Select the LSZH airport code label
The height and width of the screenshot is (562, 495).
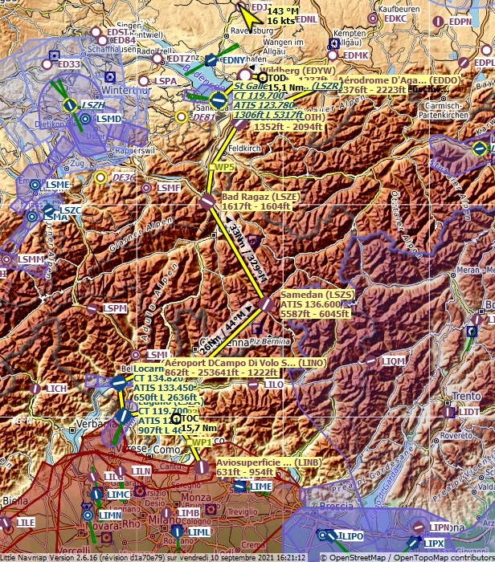point(93,104)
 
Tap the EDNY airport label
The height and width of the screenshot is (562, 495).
point(232,59)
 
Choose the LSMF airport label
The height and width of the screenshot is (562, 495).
point(169,188)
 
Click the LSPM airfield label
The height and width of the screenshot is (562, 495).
point(115,308)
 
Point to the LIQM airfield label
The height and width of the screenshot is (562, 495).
point(394,362)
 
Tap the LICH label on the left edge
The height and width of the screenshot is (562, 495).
point(56,389)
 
